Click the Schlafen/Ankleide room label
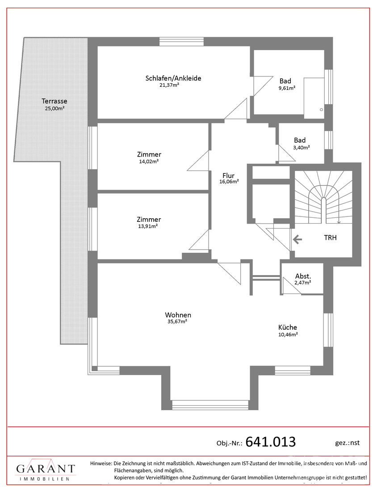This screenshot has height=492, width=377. click(x=173, y=78)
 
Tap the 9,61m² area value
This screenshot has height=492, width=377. click(x=287, y=88)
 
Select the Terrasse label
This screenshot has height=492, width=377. click(x=54, y=101)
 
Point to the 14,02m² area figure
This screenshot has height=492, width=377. click(x=149, y=161)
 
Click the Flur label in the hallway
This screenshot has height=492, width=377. click(x=228, y=176)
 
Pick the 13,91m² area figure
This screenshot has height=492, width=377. click(x=147, y=226)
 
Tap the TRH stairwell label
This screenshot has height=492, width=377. click(x=330, y=238)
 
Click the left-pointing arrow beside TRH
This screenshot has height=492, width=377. click(x=297, y=240)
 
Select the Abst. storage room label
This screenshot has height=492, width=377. click(x=303, y=276)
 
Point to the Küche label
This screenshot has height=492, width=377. click(x=287, y=327)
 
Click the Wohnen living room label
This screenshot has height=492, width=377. click(x=178, y=315)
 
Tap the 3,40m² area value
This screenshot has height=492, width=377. click(x=302, y=147)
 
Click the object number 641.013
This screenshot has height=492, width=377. click(x=270, y=442)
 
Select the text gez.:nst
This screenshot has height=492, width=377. click(x=347, y=443)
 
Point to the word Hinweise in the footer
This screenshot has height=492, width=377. click(x=101, y=463)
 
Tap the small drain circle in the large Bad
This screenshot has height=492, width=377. click(x=321, y=110)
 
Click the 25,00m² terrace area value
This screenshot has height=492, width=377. click(x=54, y=109)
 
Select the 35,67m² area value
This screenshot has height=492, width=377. click(x=177, y=322)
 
